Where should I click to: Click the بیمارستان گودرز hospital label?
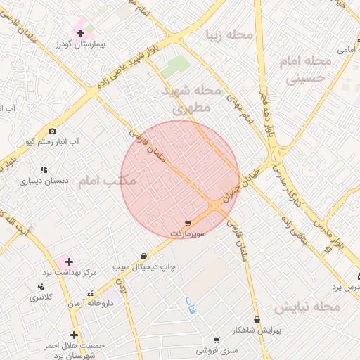click(x=81, y=44)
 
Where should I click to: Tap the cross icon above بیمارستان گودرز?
click(x=80, y=33)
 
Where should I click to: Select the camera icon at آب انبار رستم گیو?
click(x=52, y=131)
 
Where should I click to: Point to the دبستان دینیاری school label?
click(x=44, y=181)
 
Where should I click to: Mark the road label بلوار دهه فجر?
click(x=268, y=115)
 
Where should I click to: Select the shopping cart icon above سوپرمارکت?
click(x=186, y=222)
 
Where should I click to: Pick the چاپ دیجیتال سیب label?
click(x=145, y=267)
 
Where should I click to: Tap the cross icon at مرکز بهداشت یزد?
click(x=68, y=262)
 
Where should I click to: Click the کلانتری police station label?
click(x=41, y=297)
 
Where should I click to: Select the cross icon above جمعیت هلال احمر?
click(x=74, y=335)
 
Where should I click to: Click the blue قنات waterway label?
click(x=191, y=305)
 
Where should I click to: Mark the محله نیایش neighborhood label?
click(x=307, y=307)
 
